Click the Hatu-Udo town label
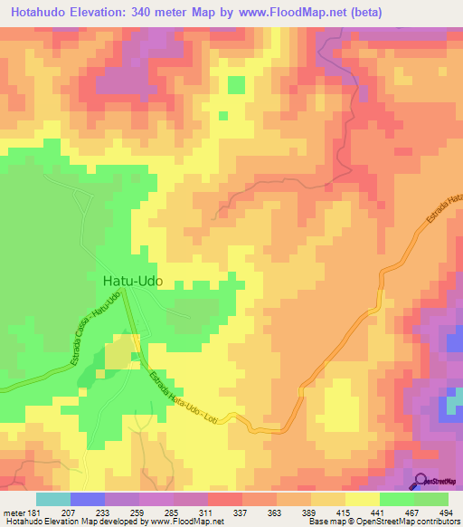click(127, 282)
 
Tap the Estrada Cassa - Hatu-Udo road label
click(93, 331)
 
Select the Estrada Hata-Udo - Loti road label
click(182, 398)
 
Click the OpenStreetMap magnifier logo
click(420, 481)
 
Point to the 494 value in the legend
click(447, 512)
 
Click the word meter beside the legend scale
click(14, 512)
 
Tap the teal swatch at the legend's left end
click(53, 499)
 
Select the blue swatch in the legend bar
click(88, 499)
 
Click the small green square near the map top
click(235, 85)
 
